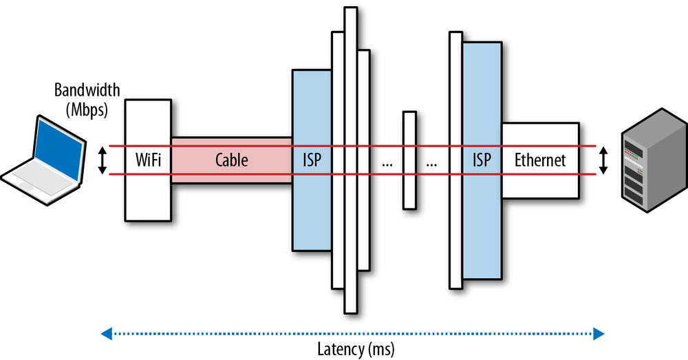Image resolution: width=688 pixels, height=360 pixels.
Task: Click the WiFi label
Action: (148, 160)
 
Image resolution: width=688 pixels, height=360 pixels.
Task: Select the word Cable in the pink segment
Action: (231, 160)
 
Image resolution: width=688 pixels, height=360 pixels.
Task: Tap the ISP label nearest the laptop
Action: (312, 160)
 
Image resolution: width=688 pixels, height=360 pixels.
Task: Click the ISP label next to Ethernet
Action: (482, 160)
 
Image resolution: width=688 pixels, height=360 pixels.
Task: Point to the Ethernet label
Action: (540, 160)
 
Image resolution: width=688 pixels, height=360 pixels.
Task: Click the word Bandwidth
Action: (87, 90)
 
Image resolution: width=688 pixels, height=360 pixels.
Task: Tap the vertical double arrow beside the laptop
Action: (103, 160)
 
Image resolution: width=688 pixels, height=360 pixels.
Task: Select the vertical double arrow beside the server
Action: (604, 160)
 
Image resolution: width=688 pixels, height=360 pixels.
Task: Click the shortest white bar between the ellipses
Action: (409, 160)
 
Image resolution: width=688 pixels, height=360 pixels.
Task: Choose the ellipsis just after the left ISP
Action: (386, 164)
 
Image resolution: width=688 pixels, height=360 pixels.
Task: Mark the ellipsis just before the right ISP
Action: (432, 164)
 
